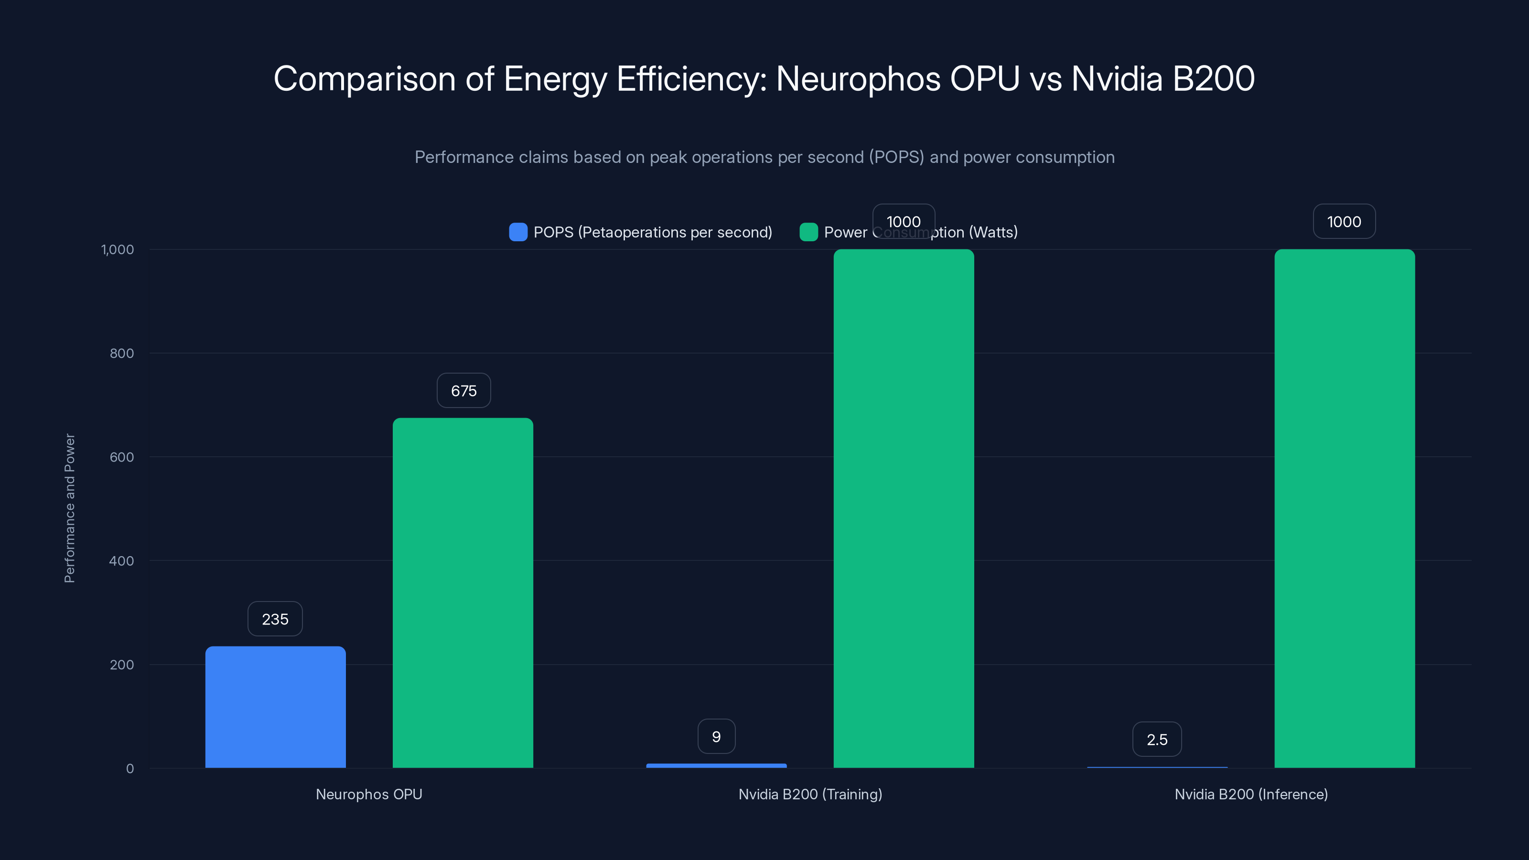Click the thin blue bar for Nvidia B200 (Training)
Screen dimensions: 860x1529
click(x=716, y=765)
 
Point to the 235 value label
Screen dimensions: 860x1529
click(x=275, y=619)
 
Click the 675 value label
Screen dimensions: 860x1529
click(x=463, y=390)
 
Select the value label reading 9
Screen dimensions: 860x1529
click(x=716, y=737)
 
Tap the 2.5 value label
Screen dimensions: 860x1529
click(x=1157, y=740)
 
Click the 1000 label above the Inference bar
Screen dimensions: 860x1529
click(x=1344, y=221)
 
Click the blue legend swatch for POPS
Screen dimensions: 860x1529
click(x=518, y=232)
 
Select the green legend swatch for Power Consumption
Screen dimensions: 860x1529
click(x=808, y=232)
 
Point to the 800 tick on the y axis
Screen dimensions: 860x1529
click(x=122, y=353)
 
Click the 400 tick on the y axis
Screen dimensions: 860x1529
click(x=122, y=561)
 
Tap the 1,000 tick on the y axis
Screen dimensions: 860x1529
click(x=118, y=249)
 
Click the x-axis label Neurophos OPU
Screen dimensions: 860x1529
click(x=368, y=794)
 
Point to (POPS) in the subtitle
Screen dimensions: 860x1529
click(x=896, y=157)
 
